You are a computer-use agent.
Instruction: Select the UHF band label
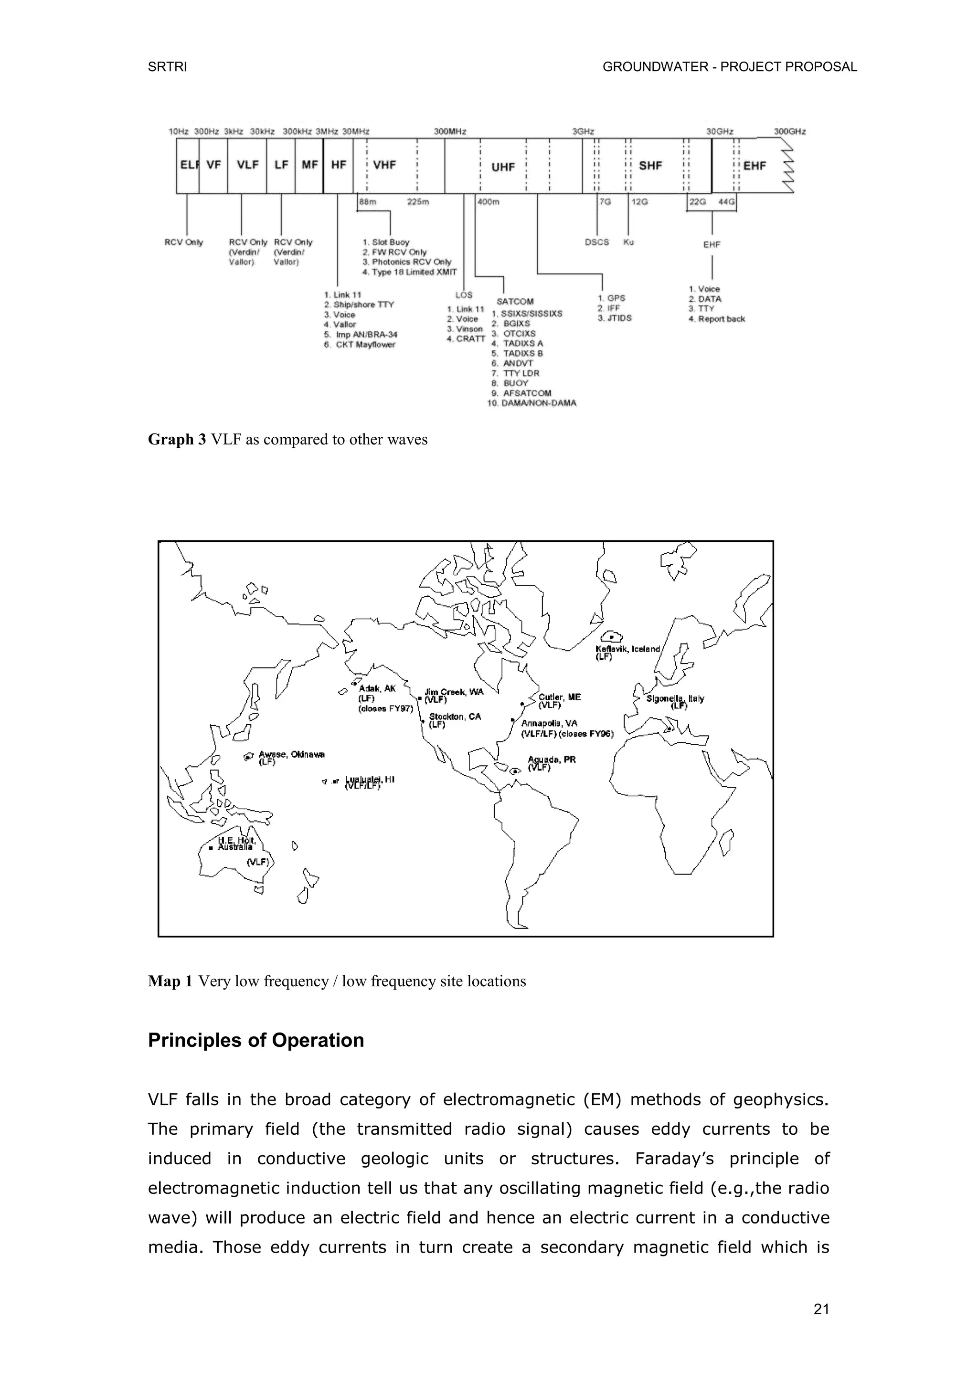point(503,167)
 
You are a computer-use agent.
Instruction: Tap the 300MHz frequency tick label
point(450,131)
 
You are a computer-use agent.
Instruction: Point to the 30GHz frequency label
point(720,131)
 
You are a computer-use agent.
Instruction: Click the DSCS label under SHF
point(597,242)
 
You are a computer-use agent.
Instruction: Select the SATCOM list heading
point(515,301)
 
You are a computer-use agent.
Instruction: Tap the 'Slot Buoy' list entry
point(390,242)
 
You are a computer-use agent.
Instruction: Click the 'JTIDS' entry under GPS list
point(619,318)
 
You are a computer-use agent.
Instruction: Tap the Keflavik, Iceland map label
point(627,649)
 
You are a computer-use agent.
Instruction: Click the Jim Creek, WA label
point(454,692)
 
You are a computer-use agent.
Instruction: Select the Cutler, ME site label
point(560,697)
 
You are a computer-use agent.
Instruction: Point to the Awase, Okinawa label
point(291,754)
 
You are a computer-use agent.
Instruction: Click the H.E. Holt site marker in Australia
point(211,848)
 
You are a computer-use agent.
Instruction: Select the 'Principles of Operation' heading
point(256,1041)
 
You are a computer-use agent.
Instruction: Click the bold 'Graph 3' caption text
point(177,440)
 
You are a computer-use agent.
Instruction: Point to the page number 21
point(821,1309)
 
